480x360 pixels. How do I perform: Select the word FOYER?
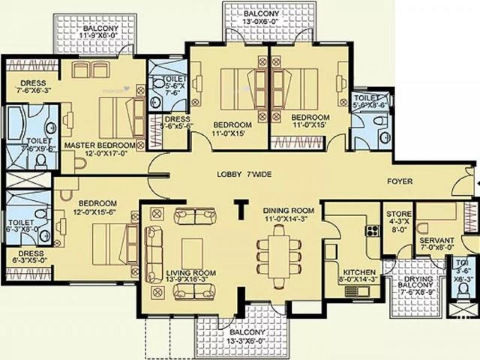click(400, 182)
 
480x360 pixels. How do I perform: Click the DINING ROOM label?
click(288, 210)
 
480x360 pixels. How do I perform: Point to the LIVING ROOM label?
click(191, 273)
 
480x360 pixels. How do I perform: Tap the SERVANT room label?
click(437, 240)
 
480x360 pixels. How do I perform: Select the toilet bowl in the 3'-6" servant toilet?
click(463, 289)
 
